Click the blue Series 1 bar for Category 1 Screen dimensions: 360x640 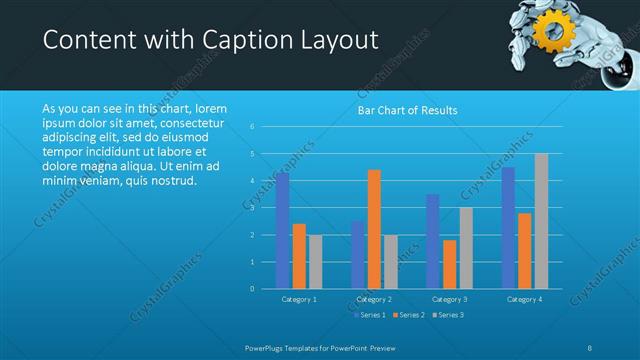[283, 230]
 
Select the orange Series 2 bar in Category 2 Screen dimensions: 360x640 [374, 229]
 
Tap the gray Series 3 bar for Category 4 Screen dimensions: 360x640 [541, 221]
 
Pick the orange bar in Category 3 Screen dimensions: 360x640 [449, 264]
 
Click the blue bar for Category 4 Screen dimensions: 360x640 [508, 227]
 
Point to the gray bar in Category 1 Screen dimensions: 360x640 [316, 261]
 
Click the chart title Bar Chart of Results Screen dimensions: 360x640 [407, 110]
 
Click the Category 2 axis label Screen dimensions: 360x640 [374, 299]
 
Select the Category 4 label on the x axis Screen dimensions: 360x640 [524, 299]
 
